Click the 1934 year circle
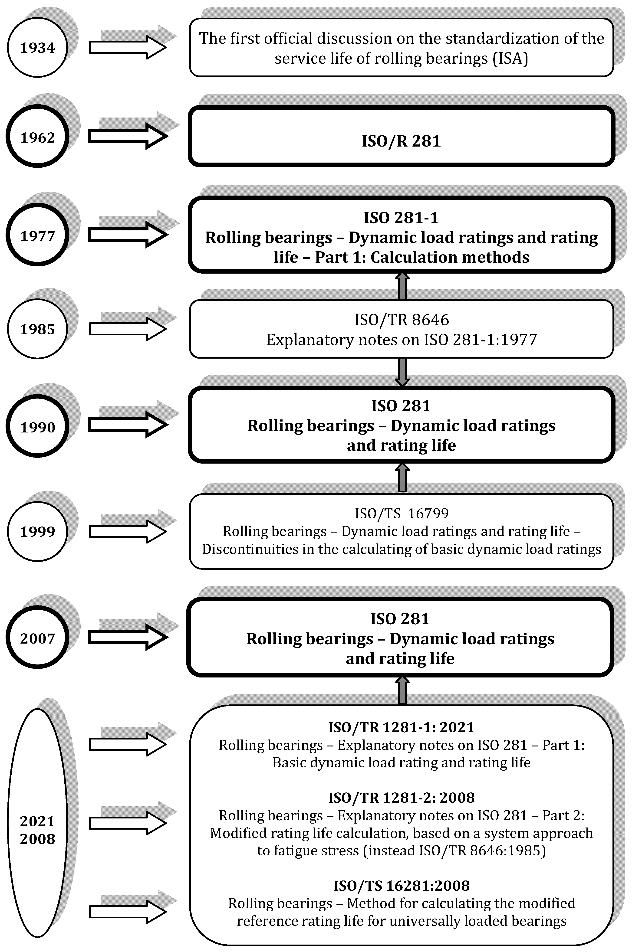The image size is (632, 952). coord(37,48)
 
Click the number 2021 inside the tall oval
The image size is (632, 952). coord(37,821)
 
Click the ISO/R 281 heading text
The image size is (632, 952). coord(401,141)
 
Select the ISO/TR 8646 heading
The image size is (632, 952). coord(402,320)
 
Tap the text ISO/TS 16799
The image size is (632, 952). coord(402,513)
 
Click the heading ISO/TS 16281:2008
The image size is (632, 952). coord(402,886)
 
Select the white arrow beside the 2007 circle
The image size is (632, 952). coord(127,637)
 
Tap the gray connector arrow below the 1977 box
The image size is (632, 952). coord(402,286)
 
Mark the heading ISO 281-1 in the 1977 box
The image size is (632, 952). coord(401,218)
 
